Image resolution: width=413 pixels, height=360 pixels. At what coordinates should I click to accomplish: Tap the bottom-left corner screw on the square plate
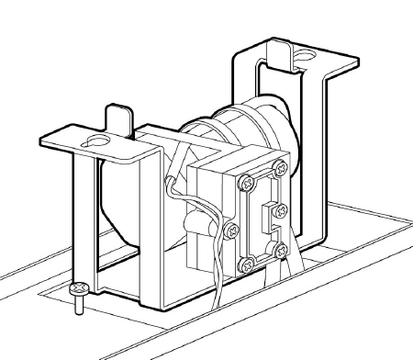click(x=247, y=264)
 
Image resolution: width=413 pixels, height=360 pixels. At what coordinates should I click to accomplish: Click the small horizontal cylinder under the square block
click(x=195, y=225)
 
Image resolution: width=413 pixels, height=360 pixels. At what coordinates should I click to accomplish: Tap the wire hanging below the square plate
click(x=220, y=294)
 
